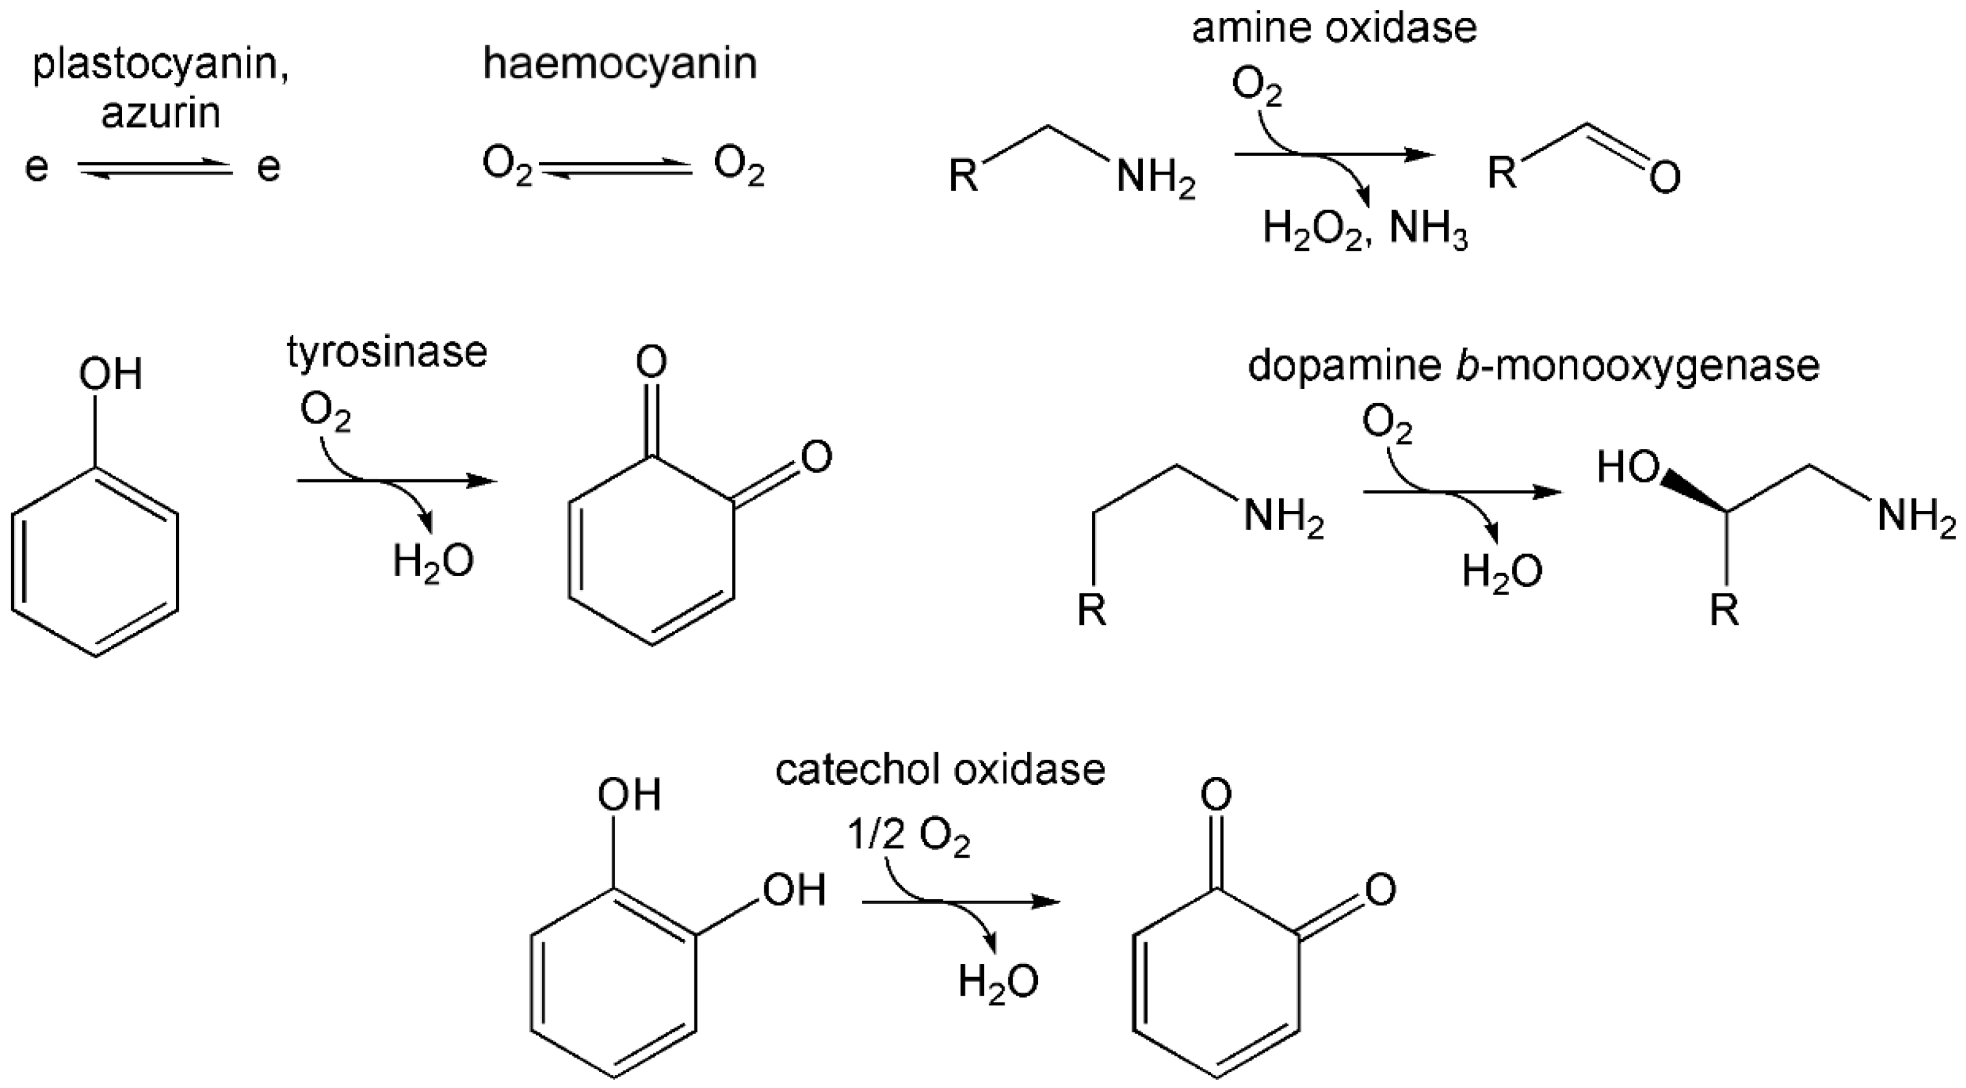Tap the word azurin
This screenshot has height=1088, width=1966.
coord(160,113)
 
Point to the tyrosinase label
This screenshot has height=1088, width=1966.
coord(387,352)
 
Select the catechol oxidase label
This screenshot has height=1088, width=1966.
coord(940,769)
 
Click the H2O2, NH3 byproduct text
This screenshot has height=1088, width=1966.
coord(1365,227)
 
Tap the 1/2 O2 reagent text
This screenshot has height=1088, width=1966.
coord(908,838)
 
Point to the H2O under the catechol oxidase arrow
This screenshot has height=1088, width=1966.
coord(998,982)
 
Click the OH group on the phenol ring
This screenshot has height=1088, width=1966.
coord(111,375)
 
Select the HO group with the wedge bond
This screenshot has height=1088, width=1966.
coord(1627,467)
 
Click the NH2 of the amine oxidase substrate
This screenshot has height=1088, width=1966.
coord(1155,180)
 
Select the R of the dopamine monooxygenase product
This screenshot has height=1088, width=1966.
coord(1724,611)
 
